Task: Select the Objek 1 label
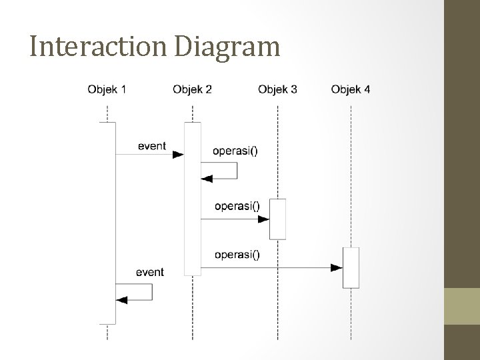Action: (x=107, y=89)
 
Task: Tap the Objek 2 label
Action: (x=192, y=89)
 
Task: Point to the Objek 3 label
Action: (x=277, y=89)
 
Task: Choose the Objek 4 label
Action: (x=351, y=89)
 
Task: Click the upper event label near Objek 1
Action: (x=152, y=145)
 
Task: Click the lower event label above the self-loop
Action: (x=149, y=272)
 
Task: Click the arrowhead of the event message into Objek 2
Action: (x=178, y=155)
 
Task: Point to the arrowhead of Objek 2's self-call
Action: (x=207, y=179)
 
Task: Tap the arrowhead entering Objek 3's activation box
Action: (x=264, y=219)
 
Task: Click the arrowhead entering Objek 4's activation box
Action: (x=337, y=267)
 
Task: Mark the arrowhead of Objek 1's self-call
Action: (x=121, y=299)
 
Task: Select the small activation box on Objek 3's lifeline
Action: (x=277, y=219)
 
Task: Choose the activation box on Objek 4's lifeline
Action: (x=351, y=267)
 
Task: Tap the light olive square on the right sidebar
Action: (x=462, y=306)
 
